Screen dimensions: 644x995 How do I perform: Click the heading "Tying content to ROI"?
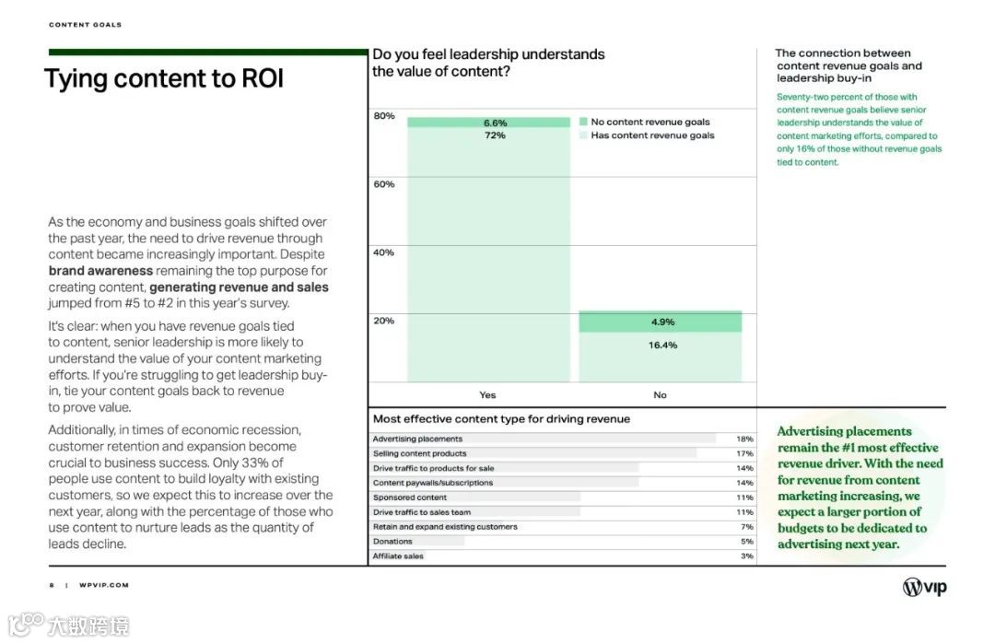pos(164,79)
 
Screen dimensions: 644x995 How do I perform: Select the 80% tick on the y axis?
pos(384,116)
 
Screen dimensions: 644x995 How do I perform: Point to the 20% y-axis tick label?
pos(384,321)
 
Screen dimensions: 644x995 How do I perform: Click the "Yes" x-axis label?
pos(487,395)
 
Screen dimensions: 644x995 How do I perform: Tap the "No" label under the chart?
pos(660,395)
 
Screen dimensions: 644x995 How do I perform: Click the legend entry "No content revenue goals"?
pos(650,122)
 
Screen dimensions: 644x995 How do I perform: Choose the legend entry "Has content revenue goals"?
pos(652,135)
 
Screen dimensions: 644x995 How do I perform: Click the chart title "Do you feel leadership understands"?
pos(488,54)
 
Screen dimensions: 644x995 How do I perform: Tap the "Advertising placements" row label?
pos(417,439)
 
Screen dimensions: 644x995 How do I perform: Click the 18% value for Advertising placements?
pos(745,439)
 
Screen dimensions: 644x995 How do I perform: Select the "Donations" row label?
pos(393,542)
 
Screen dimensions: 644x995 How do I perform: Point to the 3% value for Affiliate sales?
pos(746,556)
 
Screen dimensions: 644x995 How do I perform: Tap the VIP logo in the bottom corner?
pos(924,587)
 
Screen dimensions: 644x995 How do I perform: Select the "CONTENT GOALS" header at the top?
pos(85,25)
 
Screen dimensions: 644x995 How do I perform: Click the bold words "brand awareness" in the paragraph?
pos(100,271)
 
